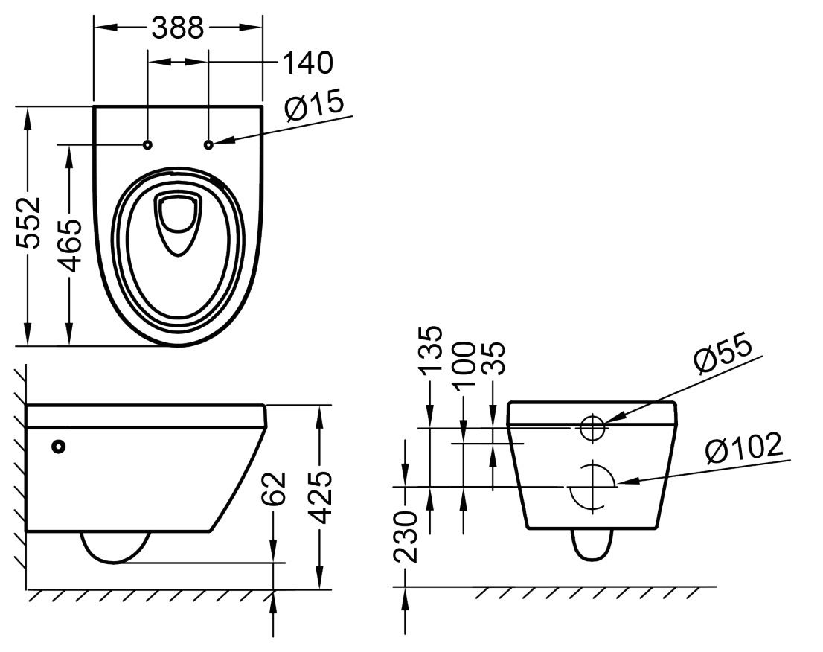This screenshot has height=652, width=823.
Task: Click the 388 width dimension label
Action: [x=177, y=28]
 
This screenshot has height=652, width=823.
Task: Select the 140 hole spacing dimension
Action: [x=307, y=63]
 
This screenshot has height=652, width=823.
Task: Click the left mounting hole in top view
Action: [x=147, y=144]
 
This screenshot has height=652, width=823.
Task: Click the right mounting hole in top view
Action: [x=208, y=144]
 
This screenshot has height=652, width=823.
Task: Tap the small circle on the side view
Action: [x=58, y=446]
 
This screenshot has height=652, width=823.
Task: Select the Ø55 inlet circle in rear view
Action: [x=593, y=426]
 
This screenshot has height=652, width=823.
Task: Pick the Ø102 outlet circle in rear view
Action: [x=592, y=486]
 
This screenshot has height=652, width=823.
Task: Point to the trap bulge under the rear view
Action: [x=592, y=546]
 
